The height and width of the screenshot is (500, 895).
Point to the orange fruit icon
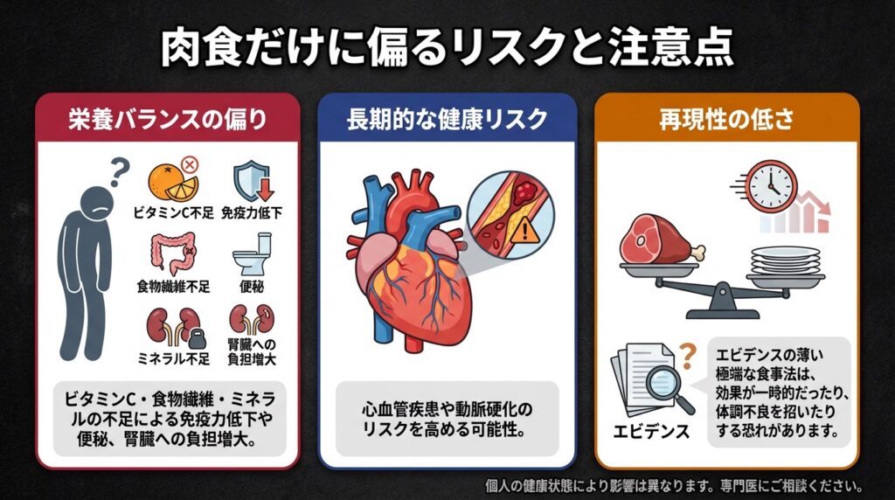pos(166,182)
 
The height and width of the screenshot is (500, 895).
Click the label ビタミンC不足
pos(171,212)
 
